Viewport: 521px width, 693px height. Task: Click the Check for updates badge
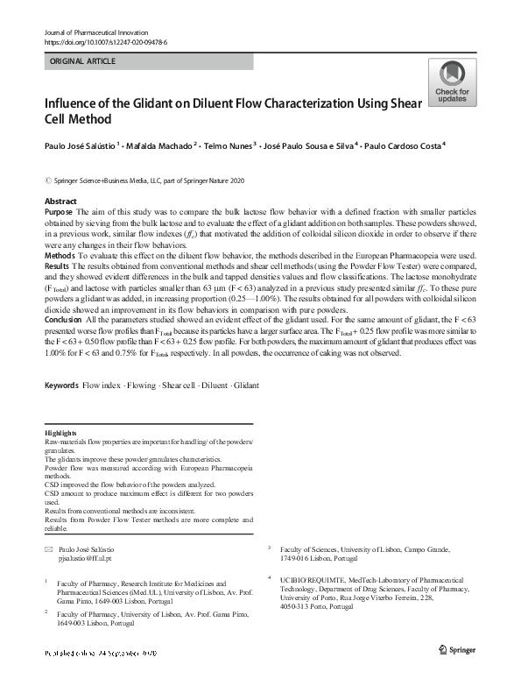452,83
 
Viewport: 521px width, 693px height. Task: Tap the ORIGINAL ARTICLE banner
83,61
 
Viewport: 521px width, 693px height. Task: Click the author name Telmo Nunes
227,146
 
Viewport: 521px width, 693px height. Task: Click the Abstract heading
60,202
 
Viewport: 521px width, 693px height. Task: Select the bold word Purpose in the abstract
59,213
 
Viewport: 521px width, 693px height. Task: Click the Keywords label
61,410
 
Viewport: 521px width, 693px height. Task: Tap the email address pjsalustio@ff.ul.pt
86,557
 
